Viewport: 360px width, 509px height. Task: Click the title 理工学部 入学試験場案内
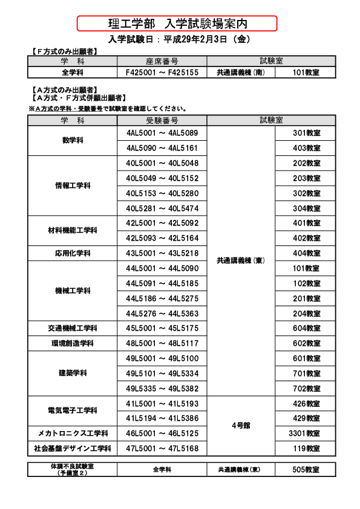(177, 24)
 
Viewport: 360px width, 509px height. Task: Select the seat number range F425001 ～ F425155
(162, 73)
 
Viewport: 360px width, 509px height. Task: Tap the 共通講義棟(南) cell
(241, 73)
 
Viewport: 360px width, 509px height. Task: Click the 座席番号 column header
(162, 62)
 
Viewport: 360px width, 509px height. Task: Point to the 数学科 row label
(73, 140)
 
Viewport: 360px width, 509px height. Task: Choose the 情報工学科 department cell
(73, 186)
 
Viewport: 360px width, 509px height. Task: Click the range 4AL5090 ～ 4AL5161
(162, 148)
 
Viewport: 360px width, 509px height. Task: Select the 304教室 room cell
(306, 209)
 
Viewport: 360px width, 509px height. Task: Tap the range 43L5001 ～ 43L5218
(162, 253)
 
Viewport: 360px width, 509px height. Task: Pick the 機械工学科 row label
(73, 291)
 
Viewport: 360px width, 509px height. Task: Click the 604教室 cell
(306, 329)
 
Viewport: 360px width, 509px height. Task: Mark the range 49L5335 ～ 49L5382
(162, 389)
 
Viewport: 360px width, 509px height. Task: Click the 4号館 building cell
(241, 426)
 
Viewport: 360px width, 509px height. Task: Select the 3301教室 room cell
(306, 434)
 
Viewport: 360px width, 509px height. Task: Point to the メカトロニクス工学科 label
(73, 434)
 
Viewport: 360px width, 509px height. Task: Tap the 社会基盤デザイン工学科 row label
(73, 449)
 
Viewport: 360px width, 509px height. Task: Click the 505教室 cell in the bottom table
(306, 470)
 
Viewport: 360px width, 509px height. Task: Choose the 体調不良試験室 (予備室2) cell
(73, 470)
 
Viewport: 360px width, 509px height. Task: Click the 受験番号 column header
(162, 119)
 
